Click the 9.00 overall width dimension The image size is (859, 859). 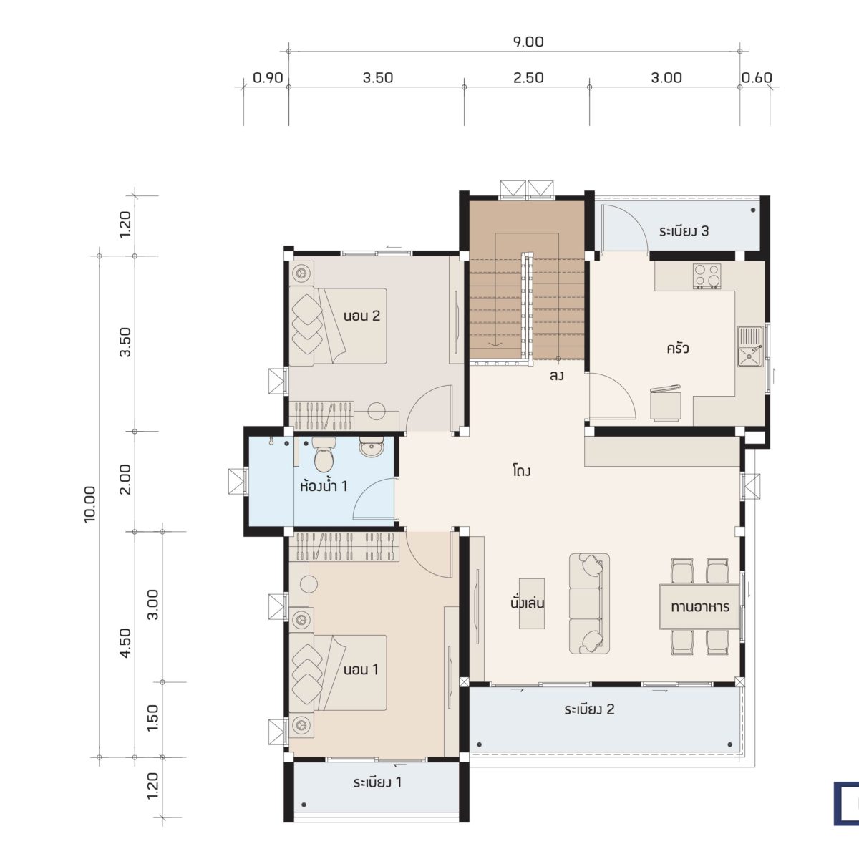coord(528,42)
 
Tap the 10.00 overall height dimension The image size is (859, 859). coord(89,504)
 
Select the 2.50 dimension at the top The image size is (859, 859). coord(528,78)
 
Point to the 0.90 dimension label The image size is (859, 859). coord(268,78)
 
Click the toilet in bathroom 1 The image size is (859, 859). coord(324,454)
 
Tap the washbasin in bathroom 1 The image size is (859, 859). coord(371,446)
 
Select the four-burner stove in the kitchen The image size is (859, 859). coord(707,276)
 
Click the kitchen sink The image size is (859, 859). coord(749,346)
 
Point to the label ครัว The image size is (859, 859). coord(678,348)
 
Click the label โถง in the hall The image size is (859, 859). coord(521,471)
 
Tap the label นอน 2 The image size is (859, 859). coord(361,316)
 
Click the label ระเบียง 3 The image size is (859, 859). coord(684,231)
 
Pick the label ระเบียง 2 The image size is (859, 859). coord(589,709)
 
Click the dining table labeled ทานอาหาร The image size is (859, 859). coord(699,606)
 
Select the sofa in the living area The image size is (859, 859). coord(589,603)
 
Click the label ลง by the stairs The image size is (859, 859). coord(557,376)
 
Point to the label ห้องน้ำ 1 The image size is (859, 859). coord(324,485)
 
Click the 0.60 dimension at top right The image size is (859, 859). coord(757,78)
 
